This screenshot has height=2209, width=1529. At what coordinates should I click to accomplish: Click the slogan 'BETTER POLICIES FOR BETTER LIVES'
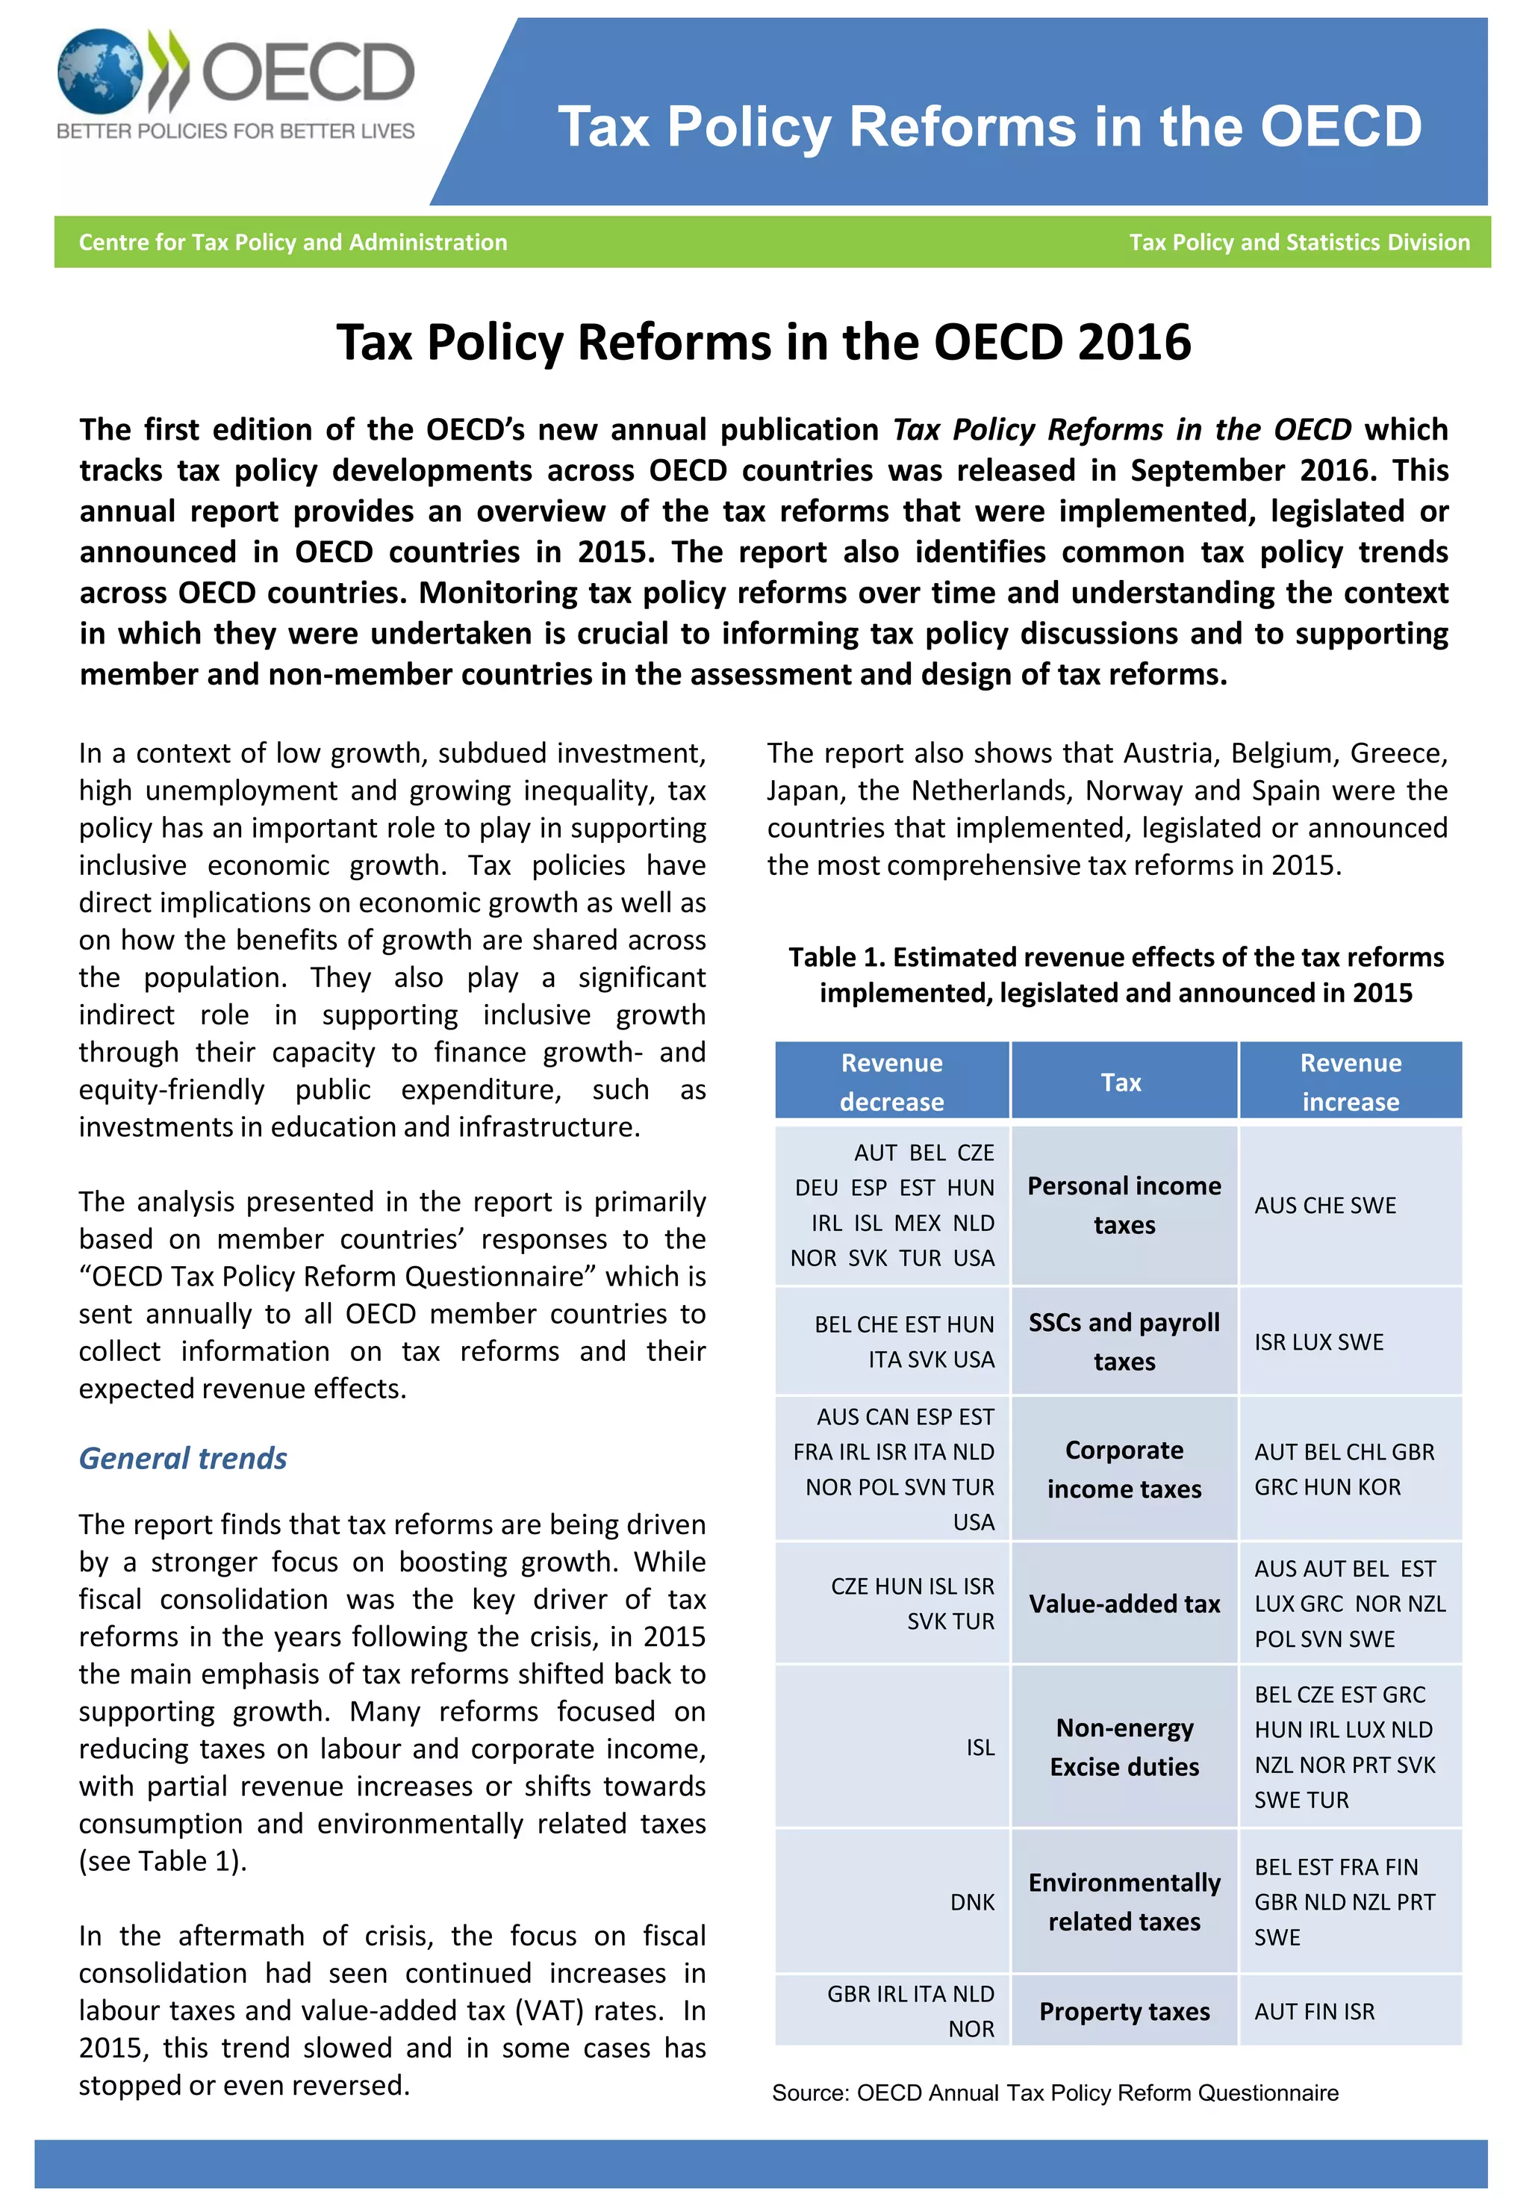pyautogui.click(x=236, y=131)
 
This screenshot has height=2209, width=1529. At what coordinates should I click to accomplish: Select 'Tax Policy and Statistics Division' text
pyautogui.click(x=1298, y=243)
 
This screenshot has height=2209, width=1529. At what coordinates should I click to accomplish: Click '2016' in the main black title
pyautogui.click(x=1133, y=342)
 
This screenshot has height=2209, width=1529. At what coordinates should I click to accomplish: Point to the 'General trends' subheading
pyautogui.click(x=183, y=1458)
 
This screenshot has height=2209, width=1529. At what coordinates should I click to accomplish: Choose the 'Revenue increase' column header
pyautogui.click(x=1350, y=1082)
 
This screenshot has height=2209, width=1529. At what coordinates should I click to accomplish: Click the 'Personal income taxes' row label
pyautogui.click(x=1124, y=1205)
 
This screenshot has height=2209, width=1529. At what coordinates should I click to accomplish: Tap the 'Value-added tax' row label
pyautogui.click(x=1124, y=1604)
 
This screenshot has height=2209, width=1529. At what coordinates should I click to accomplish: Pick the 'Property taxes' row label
pyautogui.click(x=1124, y=2012)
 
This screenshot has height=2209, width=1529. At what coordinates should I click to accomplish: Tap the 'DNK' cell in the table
pyautogui.click(x=971, y=1902)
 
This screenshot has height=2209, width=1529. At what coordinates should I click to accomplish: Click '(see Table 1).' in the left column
pyautogui.click(x=163, y=1860)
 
